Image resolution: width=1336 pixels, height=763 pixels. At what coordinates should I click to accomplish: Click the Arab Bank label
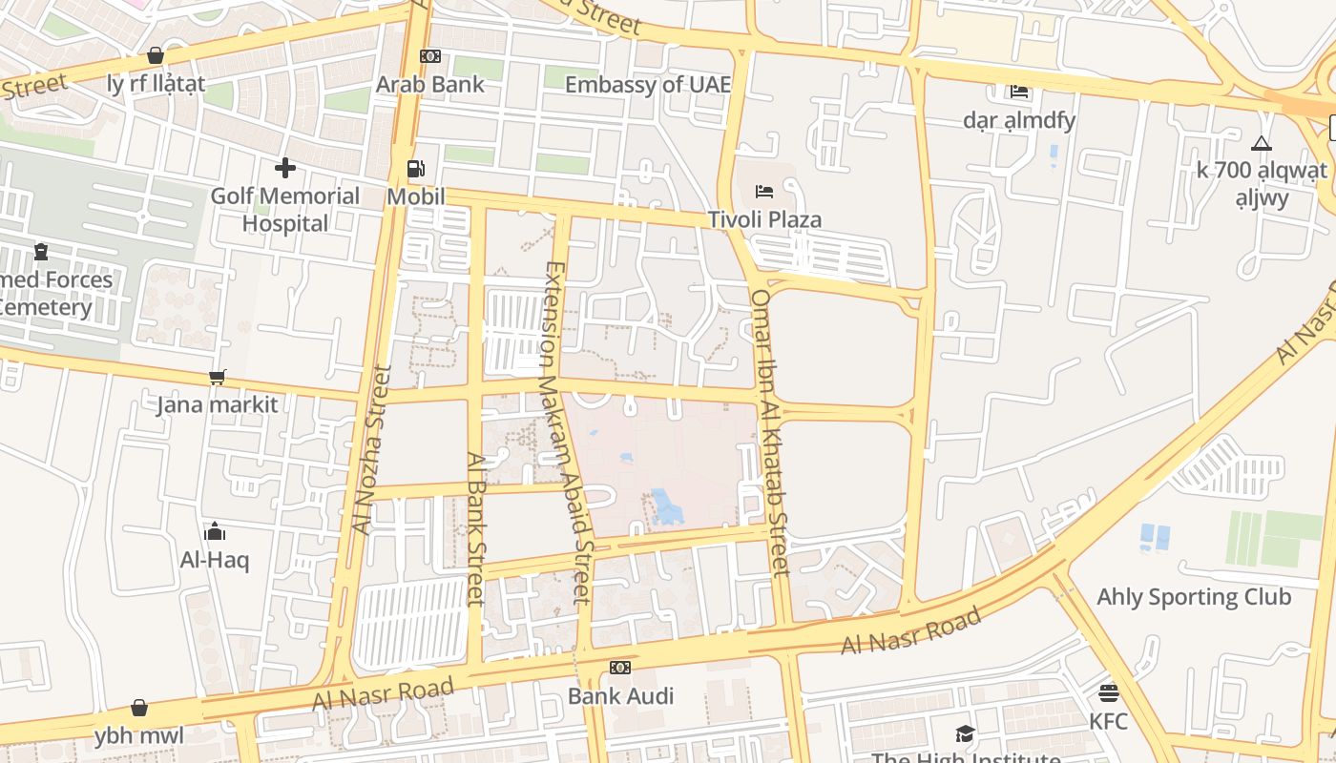(429, 84)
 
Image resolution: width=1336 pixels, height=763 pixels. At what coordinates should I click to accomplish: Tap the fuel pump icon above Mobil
(416, 170)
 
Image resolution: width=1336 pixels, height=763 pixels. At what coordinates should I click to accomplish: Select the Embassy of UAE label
(647, 84)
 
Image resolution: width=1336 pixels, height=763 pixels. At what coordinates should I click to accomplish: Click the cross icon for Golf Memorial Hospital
(284, 169)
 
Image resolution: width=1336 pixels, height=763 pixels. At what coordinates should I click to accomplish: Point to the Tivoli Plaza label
(764, 219)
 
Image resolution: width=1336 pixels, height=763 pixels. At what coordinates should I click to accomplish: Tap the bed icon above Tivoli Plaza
(764, 192)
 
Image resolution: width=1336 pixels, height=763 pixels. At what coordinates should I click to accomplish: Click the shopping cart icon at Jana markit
(218, 378)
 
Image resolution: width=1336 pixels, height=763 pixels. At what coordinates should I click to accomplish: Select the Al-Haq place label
(215, 560)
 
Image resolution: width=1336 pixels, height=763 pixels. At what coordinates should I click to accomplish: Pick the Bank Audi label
(620, 695)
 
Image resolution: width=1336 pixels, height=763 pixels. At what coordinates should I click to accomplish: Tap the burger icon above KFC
(1108, 693)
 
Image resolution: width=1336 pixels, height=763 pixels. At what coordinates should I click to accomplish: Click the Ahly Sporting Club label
(1194, 597)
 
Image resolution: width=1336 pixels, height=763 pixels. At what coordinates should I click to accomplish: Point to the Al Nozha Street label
(372, 448)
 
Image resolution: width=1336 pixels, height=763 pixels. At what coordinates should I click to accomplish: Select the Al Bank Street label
(475, 528)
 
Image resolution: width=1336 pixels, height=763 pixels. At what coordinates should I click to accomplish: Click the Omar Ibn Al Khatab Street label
(770, 432)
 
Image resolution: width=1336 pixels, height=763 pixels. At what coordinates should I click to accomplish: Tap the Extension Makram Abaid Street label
(568, 431)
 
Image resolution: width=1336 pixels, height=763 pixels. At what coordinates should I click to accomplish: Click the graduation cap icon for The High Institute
(965, 733)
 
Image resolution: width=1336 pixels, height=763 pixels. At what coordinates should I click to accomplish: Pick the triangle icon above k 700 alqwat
(1262, 144)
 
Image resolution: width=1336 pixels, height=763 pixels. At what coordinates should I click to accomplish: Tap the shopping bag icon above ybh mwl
(139, 708)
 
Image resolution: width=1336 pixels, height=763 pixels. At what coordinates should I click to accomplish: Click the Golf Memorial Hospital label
(284, 210)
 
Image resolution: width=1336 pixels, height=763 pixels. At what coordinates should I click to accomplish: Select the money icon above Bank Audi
(620, 668)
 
